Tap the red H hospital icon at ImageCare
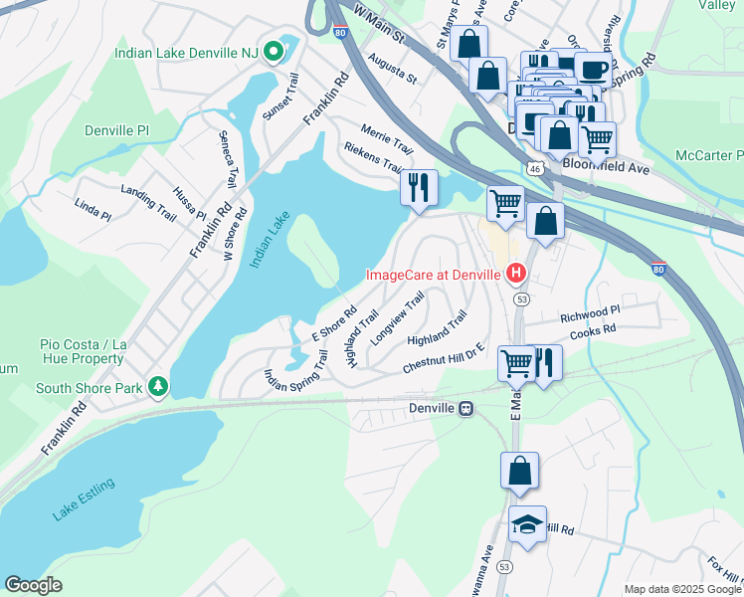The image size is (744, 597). tap(516, 272)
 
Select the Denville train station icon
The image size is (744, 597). tap(465, 409)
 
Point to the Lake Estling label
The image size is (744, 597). tap(85, 499)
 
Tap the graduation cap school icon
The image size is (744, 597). tap(527, 524)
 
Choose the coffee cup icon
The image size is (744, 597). tap(592, 70)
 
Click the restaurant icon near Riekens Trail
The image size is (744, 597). tap(419, 186)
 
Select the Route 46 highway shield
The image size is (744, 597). tap(535, 170)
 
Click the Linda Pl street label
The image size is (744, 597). tap(93, 208)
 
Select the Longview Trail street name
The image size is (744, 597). tap(397, 315)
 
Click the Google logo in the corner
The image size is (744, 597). tap(33, 585)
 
